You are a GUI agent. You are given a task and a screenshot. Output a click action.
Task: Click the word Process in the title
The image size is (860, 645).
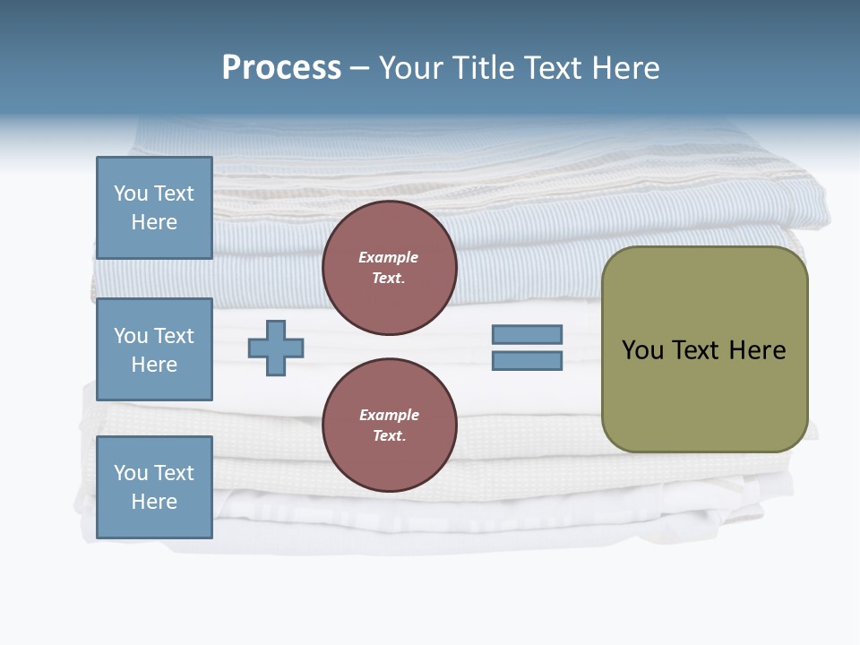[x=281, y=68]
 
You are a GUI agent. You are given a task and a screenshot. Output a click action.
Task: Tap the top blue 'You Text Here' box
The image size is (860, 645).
[x=154, y=208]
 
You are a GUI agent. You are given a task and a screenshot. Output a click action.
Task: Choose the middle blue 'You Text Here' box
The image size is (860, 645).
[x=154, y=349]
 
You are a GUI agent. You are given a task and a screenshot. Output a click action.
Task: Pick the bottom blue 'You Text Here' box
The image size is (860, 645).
[x=154, y=487]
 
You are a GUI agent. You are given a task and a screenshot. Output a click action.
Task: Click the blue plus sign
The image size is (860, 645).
[x=276, y=348]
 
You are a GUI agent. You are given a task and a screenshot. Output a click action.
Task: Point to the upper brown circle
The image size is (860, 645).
[x=389, y=268]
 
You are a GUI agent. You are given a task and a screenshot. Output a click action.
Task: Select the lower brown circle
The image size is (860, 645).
[x=389, y=426]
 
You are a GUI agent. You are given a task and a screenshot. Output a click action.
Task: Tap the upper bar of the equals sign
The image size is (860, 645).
[x=527, y=334]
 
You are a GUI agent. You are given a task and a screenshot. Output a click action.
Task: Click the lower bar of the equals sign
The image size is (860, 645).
[x=527, y=361]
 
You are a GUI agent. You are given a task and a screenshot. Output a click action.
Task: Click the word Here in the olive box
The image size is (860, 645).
[x=757, y=350]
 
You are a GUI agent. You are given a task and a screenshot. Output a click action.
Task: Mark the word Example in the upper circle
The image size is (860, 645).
[x=389, y=257]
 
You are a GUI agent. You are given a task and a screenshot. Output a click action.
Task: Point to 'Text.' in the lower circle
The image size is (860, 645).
[x=389, y=436]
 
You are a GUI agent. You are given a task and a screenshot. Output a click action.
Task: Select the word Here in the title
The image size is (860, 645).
[x=626, y=68]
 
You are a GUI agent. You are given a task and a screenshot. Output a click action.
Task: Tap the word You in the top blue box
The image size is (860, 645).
[x=131, y=193]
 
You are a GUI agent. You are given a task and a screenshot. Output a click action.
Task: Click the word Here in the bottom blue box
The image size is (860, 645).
[x=154, y=502]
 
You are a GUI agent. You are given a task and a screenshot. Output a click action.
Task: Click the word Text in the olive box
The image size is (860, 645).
[x=695, y=350]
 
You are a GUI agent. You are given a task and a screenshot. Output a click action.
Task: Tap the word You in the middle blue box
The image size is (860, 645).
[x=131, y=336]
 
